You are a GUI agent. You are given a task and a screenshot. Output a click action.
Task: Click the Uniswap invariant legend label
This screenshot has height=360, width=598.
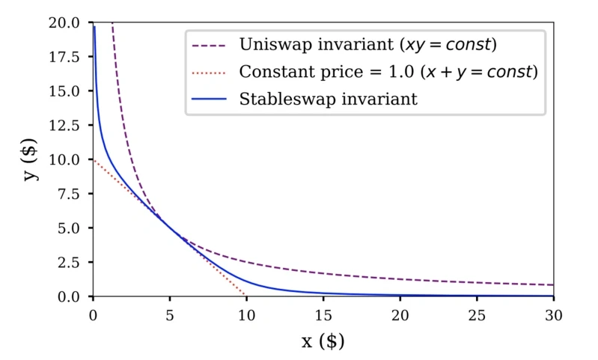pyautogui.click(x=367, y=44)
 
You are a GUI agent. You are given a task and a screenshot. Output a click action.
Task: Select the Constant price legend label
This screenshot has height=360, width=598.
pyautogui.click(x=388, y=72)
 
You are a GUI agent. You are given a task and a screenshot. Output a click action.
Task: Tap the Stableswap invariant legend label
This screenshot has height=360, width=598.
pyautogui.click(x=328, y=99)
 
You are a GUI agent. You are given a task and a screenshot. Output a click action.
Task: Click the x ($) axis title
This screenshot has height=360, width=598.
pyautogui.click(x=323, y=341)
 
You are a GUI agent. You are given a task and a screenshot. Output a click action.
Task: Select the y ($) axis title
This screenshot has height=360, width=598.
pyautogui.click(x=30, y=159)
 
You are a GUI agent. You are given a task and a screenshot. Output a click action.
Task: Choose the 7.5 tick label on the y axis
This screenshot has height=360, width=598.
pyautogui.click(x=73, y=194)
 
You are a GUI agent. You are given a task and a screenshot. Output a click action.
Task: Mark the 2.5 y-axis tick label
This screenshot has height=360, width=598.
pyautogui.click(x=73, y=263)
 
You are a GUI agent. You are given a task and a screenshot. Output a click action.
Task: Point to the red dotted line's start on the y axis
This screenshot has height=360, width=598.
pyautogui.click(x=93, y=159)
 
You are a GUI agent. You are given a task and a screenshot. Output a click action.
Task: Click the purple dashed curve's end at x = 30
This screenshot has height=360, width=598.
pyautogui.click(x=553, y=285)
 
